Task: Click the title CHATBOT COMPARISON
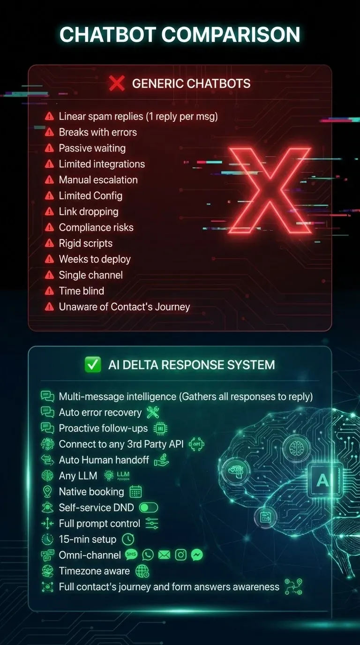[180, 35]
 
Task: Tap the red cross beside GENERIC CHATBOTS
[117, 83]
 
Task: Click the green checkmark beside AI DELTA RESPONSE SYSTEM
[93, 365]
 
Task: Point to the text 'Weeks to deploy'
[95, 259]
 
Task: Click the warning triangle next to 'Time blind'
[49, 291]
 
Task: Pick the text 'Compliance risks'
[96, 227]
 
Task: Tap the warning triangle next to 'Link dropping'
[49, 212]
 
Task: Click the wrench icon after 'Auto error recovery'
[153, 412]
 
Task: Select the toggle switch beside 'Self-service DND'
[149, 508]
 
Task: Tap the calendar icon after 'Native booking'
[135, 492]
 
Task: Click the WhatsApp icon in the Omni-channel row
[148, 555]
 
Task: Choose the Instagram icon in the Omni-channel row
[180, 555]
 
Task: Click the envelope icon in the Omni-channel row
[164, 555]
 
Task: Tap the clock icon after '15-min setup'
[127, 539]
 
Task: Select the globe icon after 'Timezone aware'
[142, 571]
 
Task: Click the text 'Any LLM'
[78, 476]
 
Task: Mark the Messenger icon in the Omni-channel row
[197, 555]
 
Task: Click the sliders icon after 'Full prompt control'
[152, 524]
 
